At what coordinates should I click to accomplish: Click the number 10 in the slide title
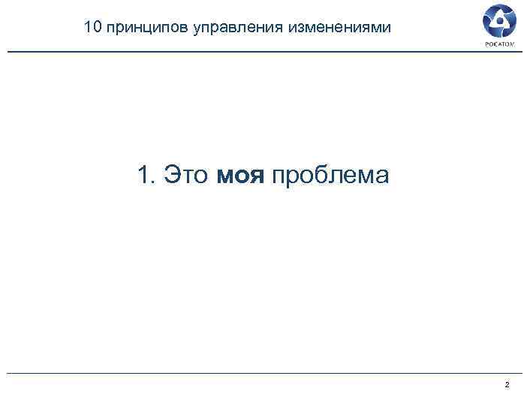coord(92,28)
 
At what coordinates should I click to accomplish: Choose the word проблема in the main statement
coord(330,177)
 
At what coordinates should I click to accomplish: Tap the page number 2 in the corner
coord(507,385)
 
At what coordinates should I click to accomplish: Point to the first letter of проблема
coord(279,178)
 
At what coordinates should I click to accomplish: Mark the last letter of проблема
coord(382,178)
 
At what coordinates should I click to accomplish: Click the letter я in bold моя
coord(257,178)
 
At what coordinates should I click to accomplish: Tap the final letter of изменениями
coord(386,29)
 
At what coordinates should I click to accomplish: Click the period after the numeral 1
coord(152,182)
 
